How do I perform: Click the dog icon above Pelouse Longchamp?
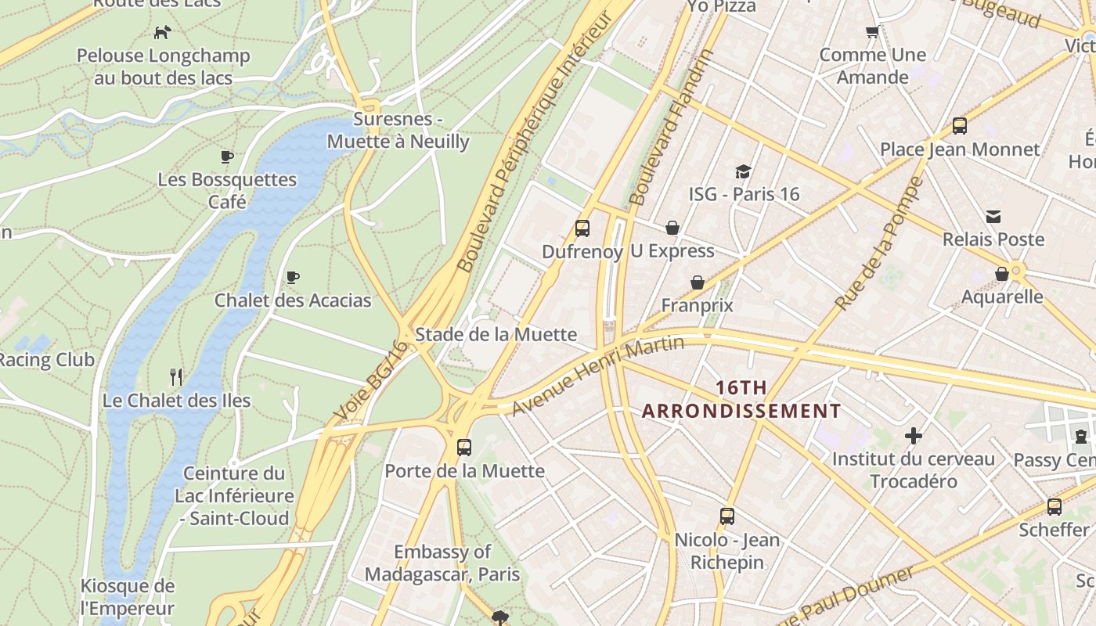coord(162,32)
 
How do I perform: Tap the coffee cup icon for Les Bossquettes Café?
coord(227,156)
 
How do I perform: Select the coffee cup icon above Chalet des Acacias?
coord(293,277)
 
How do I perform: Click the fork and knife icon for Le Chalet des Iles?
coord(176,377)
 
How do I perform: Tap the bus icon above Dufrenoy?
coord(582,228)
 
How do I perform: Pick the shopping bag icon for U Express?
coord(672,228)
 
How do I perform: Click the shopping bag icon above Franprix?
coord(697,282)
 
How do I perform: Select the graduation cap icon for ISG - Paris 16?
coord(743,171)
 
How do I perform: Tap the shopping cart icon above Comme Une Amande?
coord(872,32)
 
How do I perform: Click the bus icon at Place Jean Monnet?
coord(959,126)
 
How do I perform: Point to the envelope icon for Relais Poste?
coord(993,217)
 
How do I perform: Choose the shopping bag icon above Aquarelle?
coord(1001,274)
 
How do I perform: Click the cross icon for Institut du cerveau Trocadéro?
coord(913,436)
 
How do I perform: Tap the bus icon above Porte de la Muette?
coord(464,448)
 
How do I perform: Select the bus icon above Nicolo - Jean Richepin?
coord(726,516)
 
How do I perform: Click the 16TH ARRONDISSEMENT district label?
coord(741,399)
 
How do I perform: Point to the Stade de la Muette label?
coord(496,335)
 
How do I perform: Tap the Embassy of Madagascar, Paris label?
coord(442,563)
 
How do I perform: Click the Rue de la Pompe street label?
coord(879,243)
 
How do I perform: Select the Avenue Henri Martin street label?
coord(598,375)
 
